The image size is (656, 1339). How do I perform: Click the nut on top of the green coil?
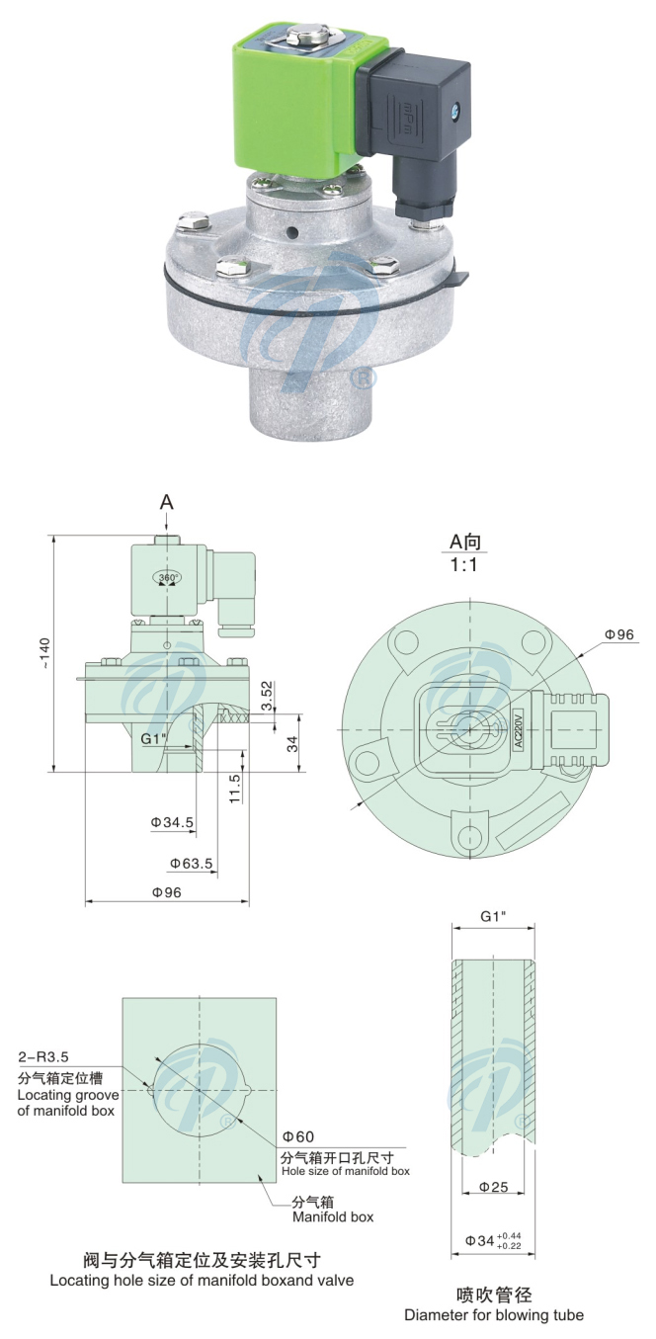[x=293, y=42]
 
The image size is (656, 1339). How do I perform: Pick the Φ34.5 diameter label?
[x=171, y=821]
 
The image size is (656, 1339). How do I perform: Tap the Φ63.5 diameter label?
[x=191, y=863]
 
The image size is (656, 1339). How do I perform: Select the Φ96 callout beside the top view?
[x=617, y=633]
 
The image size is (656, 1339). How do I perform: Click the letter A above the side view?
[x=167, y=502]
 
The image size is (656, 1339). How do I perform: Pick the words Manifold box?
[x=332, y=1216]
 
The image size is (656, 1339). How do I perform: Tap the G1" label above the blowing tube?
[x=494, y=916]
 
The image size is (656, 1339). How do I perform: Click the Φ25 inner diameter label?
[x=493, y=1187]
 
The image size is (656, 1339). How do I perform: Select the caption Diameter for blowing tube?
[x=494, y=1314]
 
